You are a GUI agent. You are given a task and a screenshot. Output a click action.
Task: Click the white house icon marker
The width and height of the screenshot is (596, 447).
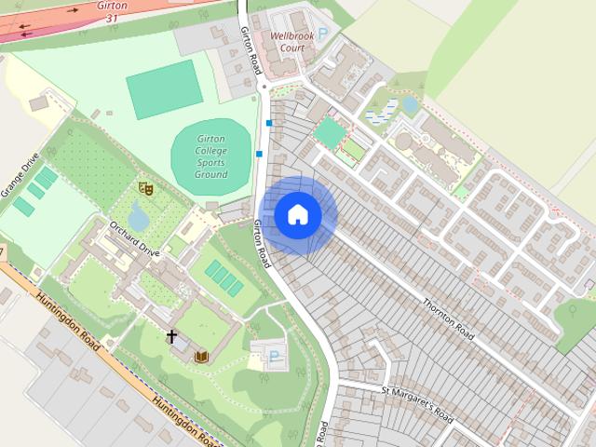click(298, 215)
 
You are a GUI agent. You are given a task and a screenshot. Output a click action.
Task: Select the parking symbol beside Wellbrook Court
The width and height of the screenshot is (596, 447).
click(323, 34)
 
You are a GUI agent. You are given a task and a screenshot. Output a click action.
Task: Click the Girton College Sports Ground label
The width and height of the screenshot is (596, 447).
click(211, 156)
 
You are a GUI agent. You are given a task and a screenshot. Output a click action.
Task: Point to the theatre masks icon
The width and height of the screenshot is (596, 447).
click(144, 188)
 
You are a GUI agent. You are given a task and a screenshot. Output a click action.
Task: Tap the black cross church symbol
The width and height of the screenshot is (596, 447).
click(171, 336)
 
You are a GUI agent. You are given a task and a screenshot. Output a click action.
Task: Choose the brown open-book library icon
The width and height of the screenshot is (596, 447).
click(202, 356)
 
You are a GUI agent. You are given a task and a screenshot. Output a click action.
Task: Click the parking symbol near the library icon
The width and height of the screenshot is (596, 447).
click(274, 355)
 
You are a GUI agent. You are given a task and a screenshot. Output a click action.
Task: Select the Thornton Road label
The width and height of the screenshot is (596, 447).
click(452, 318)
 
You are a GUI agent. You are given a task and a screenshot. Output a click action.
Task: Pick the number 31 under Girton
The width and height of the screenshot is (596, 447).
click(113, 18)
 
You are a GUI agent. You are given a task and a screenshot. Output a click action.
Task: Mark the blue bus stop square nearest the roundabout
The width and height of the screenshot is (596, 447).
click(269, 123)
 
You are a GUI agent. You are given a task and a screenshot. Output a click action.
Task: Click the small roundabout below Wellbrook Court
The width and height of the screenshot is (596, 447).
click(264, 88)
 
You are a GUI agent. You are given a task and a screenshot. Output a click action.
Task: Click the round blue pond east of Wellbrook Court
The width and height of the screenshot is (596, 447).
click(410, 104)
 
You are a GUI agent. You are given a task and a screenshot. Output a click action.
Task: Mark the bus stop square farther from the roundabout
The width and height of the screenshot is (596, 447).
click(259, 154)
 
